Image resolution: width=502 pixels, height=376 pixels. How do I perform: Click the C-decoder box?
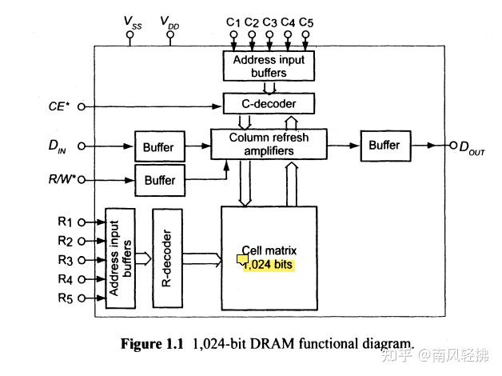point(269,103)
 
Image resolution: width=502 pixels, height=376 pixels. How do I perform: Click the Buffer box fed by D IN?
point(158,147)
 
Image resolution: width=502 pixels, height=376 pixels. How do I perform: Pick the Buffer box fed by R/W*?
point(159,180)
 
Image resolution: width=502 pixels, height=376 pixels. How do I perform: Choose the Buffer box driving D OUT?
point(384,145)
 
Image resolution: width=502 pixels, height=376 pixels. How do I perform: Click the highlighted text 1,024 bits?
point(269,263)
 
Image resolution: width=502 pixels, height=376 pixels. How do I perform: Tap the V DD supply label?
point(169,22)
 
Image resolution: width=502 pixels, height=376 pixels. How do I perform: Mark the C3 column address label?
point(269,22)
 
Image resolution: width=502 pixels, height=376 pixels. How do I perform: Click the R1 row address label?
point(66,222)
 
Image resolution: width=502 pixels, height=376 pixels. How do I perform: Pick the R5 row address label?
point(66,298)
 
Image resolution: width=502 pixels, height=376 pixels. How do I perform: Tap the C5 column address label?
point(305,22)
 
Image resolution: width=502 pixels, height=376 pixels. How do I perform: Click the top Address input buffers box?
point(269,66)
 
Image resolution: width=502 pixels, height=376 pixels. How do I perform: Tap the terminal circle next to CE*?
point(80,106)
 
